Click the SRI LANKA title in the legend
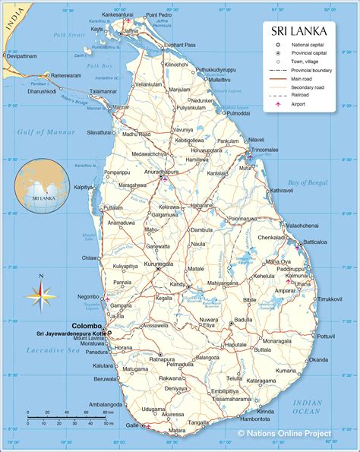coord(300,31)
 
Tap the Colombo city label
coord(87,326)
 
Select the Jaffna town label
coord(131,31)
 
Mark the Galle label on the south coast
coord(132,425)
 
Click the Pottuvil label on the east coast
coord(325,335)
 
